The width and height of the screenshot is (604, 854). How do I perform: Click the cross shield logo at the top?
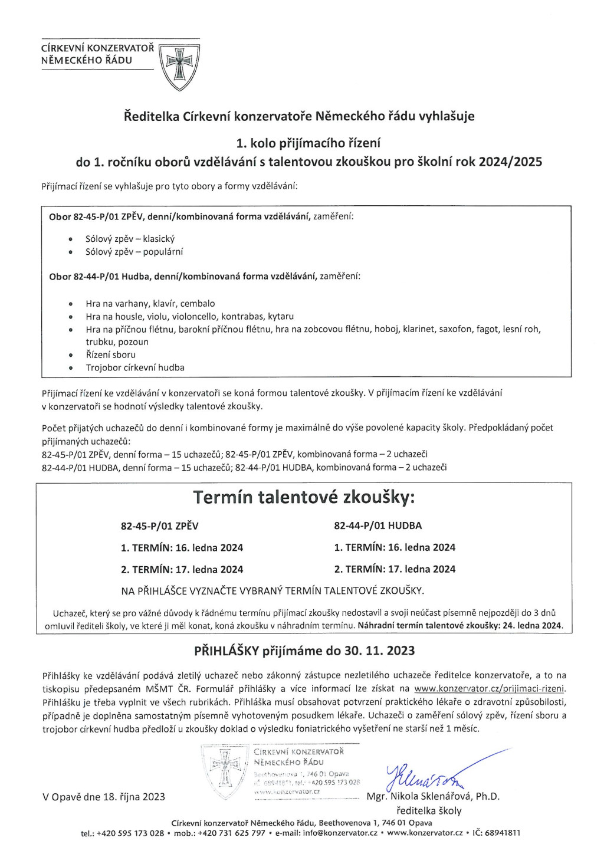pos(180,64)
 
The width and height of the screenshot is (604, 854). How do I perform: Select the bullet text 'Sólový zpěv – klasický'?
pos(130,239)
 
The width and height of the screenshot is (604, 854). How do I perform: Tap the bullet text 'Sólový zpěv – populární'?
pos(134,252)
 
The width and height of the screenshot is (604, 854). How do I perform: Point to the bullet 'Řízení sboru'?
pos(111,354)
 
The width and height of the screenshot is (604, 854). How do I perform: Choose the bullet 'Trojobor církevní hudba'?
pos(135,367)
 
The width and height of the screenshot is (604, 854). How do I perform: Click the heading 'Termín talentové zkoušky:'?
pos(304,498)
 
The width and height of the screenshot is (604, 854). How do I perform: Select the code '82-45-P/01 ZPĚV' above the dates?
pos(159,526)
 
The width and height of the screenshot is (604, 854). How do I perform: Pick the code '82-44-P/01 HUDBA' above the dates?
pos(377,525)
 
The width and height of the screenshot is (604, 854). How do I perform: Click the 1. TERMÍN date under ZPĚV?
pos(209,548)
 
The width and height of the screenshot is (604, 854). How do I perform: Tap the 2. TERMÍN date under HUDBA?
pos(421,569)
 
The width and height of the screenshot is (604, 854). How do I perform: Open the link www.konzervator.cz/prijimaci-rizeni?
pos(490,688)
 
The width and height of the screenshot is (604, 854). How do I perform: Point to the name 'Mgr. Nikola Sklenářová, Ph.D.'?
pos(433,796)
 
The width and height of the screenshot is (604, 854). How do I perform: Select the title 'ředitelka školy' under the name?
pos(429,810)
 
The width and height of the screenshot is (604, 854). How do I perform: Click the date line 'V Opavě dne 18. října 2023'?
pos(104,797)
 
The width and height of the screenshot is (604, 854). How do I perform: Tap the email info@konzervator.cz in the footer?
pos(340,833)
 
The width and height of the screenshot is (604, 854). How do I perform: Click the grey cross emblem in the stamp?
pos(225,767)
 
